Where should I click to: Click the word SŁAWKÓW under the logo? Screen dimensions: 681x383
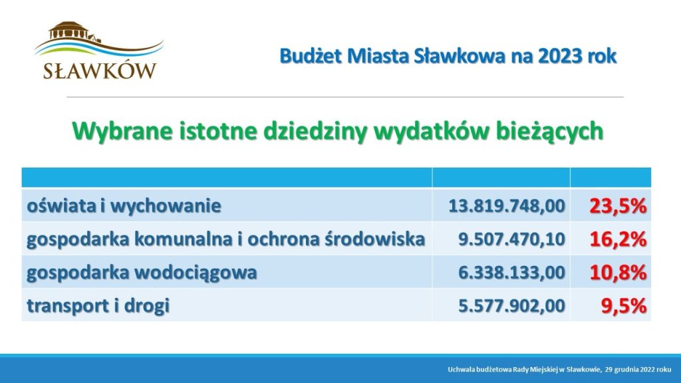[100, 71]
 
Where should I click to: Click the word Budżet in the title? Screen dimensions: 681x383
[311, 57]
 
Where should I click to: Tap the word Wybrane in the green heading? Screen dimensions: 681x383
[122, 131]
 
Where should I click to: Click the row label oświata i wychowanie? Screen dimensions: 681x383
[124, 205]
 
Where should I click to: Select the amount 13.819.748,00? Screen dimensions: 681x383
[507, 205]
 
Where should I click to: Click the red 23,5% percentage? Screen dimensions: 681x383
[618, 205]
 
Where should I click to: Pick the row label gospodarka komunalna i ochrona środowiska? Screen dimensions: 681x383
[225, 239]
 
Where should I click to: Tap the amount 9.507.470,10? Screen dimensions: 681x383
[512, 239]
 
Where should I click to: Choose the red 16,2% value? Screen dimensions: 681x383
[618, 239]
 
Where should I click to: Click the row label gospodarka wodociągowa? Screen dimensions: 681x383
[142, 273]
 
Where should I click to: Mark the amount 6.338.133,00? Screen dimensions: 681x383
[512, 273]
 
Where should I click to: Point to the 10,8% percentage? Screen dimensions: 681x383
[618, 273]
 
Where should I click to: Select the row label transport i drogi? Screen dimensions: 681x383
[98, 306]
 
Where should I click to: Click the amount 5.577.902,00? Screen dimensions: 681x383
[512, 306]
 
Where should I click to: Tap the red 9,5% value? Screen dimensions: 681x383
[624, 306]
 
